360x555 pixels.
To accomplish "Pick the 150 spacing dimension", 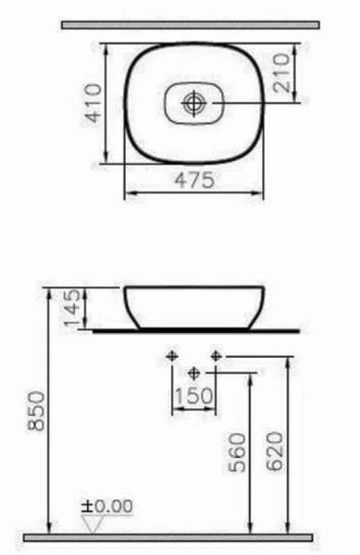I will [193, 395].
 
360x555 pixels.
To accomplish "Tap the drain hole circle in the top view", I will [194, 103].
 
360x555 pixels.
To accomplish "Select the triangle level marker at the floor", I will [92, 523].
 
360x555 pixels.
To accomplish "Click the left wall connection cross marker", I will [171, 356].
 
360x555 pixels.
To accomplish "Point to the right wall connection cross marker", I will [216, 356].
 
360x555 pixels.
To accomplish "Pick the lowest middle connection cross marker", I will [193, 373].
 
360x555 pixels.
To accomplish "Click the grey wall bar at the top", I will [190, 25].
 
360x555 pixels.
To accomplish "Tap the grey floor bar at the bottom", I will [167, 536].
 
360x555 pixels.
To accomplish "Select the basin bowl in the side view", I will [195, 307].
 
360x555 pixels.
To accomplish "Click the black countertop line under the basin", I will [195, 330].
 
